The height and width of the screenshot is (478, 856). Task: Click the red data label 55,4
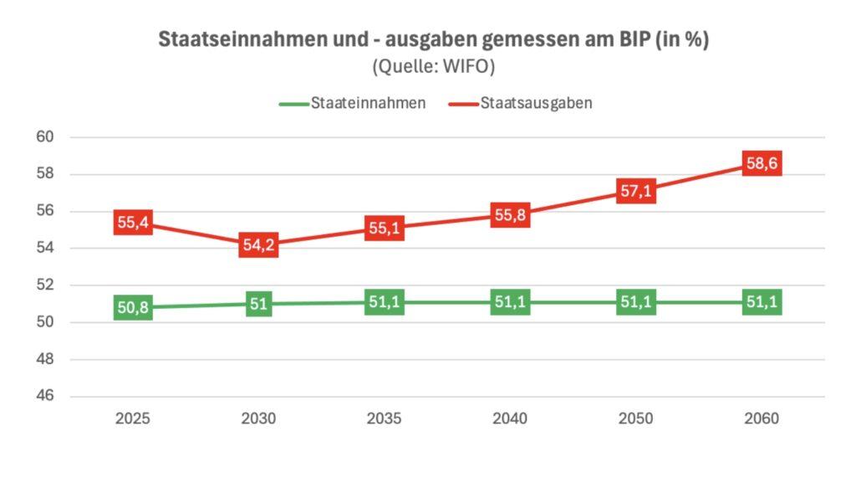[x=133, y=223]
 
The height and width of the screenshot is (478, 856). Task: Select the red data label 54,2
[x=258, y=246]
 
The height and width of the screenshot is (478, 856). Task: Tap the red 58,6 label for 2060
[x=762, y=164]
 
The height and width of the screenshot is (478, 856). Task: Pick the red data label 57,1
[x=636, y=191]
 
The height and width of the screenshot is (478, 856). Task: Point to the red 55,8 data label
[x=510, y=215]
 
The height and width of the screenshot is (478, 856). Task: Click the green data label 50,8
[x=133, y=308]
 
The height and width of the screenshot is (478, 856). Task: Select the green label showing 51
[x=258, y=304]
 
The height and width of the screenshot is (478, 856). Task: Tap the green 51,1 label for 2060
[x=762, y=302]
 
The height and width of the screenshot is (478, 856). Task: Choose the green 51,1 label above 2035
[x=385, y=302]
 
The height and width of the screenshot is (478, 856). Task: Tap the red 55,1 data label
[x=385, y=229]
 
